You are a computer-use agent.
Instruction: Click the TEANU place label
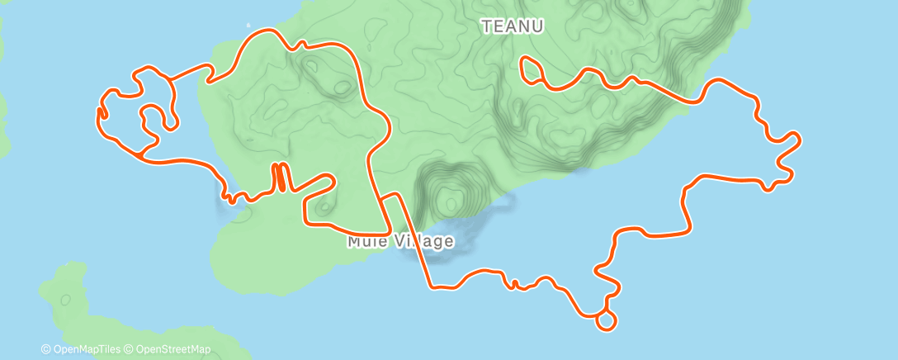coord(513,26)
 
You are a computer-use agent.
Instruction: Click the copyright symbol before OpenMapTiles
coord(46,349)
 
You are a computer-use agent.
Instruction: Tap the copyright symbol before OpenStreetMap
coord(130,349)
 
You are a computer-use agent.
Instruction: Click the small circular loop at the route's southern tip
coord(606,320)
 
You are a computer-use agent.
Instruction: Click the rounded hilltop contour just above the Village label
coord(450,199)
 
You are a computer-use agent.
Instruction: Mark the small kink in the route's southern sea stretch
coord(514,285)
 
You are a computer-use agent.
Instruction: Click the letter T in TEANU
coord(487,26)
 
